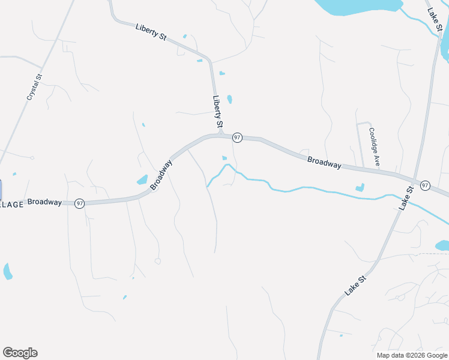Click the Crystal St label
34,88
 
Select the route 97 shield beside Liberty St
238,138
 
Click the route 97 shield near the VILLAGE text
79,204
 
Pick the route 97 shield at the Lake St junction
425,185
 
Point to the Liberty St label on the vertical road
217,112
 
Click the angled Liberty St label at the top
151,32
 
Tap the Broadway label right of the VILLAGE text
44,202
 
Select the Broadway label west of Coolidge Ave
324,163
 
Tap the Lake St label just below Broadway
406,198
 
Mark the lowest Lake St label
355,284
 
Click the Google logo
20,353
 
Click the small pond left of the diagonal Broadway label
142,179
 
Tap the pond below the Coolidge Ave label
360,188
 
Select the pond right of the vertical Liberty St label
229,100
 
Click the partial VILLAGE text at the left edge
12,205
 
